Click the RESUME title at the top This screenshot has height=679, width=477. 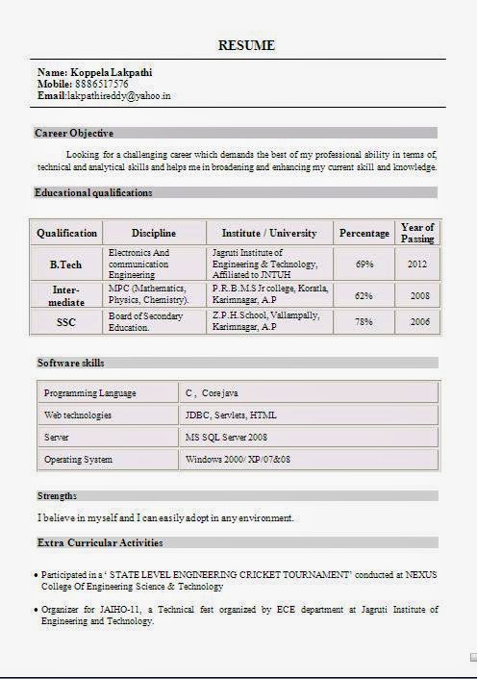247,45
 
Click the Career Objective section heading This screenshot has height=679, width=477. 74,133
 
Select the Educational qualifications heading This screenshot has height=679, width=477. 93,192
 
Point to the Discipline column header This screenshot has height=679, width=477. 154,233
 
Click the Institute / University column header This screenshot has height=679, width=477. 269,233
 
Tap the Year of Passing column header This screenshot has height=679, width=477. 417,233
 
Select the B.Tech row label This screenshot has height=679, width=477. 67,264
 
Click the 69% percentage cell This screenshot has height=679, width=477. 364,264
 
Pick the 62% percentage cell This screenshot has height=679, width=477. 364,295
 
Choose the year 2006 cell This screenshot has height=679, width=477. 419,322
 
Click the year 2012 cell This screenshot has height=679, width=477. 417,264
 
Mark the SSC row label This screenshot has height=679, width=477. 66,322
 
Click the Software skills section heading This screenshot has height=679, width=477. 71,363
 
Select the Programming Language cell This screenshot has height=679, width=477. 90,393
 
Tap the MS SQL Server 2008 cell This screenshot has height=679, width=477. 226,438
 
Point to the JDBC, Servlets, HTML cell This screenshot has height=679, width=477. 231,415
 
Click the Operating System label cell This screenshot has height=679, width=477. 79,460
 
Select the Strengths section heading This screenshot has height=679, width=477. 58,495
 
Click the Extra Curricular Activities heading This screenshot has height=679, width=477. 100,542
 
